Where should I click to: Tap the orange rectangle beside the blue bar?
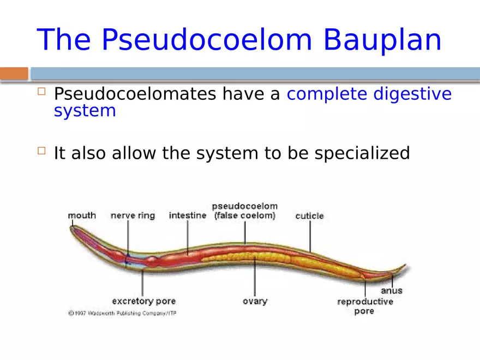click(x=14, y=74)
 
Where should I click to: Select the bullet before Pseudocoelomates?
click(x=41, y=92)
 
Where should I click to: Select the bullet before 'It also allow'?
click(x=41, y=151)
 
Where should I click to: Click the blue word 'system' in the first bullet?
click(x=85, y=111)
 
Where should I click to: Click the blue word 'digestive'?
click(x=412, y=94)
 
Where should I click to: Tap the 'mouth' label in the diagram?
click(x=82, y=215)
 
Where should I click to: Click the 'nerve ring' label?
click(x=133, y=215)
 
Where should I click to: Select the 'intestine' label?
click(x=187, y=215)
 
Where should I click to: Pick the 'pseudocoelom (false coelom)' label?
click(x=244, y=211)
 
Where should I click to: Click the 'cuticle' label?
click(x=309, y=216)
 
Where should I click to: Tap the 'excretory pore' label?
click(x=143, y=301)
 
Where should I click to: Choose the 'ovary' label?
click(x=255, y=301)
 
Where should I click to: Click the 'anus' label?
click(x=392, y=291)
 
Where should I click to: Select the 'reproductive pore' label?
click(x=364, y=306)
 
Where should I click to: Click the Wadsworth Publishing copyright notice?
click(x=122, y=313)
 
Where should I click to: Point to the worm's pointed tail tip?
click(x=405, y=266)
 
